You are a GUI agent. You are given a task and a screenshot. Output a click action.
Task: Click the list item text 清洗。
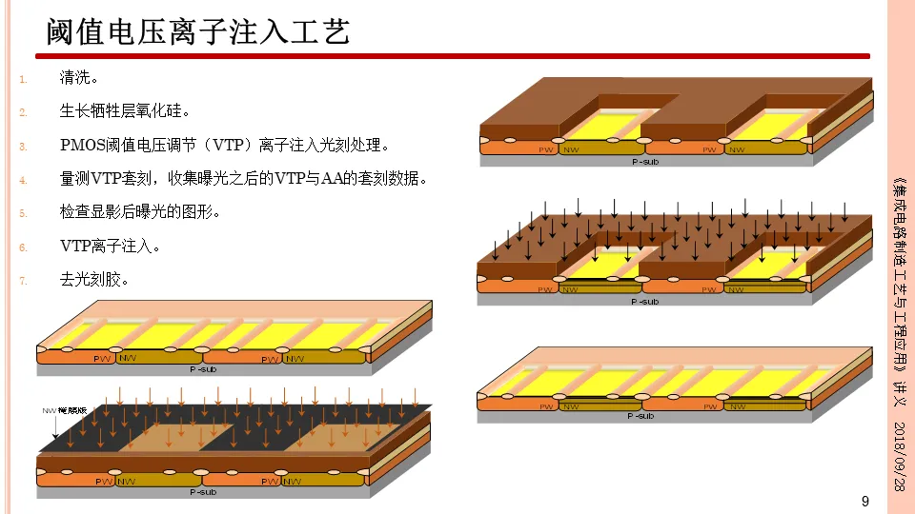(79, 78)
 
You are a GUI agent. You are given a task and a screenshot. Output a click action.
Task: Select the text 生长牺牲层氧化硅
(125, 111)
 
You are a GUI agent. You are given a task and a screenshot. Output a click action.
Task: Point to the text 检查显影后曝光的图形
(139, 211)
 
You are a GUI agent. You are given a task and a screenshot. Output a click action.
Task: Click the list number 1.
(24, 79)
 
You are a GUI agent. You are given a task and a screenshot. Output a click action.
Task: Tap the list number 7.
(24, 280)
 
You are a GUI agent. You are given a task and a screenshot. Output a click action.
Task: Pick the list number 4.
(24, 179)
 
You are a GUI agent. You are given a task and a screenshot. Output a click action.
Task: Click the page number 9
(864, 502)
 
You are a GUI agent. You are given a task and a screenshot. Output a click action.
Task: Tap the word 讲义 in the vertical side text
(898, 392)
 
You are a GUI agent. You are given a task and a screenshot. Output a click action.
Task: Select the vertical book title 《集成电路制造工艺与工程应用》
(898, 276)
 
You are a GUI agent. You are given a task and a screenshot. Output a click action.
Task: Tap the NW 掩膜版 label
(64, 411)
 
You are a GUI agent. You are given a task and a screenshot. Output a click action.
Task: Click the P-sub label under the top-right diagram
(645, 161)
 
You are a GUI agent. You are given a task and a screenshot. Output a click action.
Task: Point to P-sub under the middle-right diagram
(645, 301)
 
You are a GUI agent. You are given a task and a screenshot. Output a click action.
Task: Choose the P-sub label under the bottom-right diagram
(642, 416)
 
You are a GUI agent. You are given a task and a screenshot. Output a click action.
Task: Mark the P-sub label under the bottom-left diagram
(203, 492)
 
